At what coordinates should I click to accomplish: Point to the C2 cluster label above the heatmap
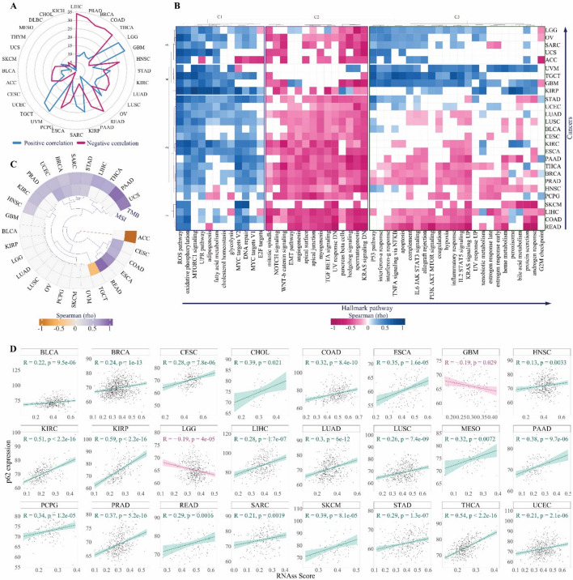click(316, 17)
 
